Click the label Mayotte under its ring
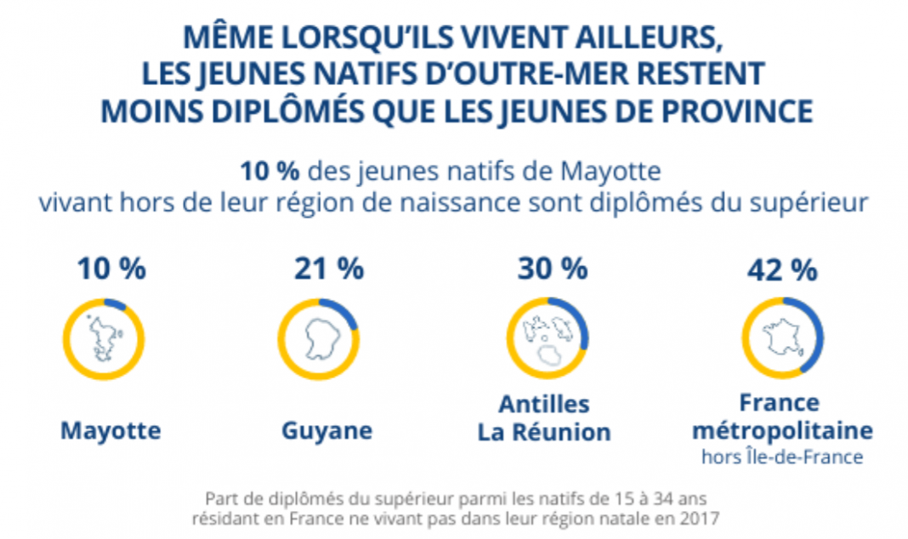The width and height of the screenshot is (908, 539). (111, 430)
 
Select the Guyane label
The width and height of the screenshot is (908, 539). (327, 430)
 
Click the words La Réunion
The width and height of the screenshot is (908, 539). (544, 432)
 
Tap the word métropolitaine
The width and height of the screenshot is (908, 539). (780, 428)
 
